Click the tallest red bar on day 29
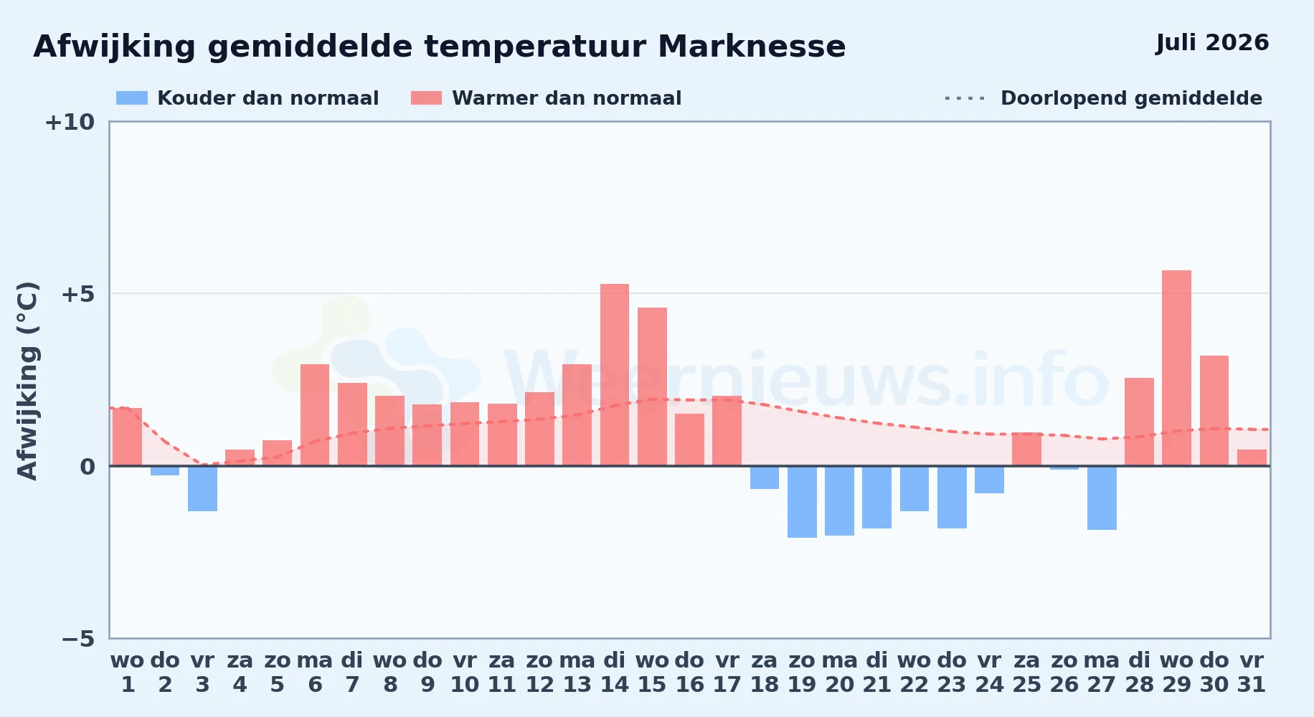click(x=1176, y=368)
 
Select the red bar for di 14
click(x=615, y=375)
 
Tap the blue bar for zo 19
click(x=802, y=502)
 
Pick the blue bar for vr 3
click(x=202, y=488)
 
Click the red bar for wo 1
click(x=128, y=437)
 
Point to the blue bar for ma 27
click(x=1102, y=498)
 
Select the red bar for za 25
click(x=1026, y=449)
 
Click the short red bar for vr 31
click(x=1252, y=457)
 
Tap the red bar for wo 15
click(x=652, y=386)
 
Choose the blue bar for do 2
click(x=165, y=470)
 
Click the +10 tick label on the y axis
click(x=70, y=122)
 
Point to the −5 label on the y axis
click(x=78, y=638)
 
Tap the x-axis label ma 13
click(x=577, y=673)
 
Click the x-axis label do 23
click(x=952, y=673)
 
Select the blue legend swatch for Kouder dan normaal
click(x=132, y=98)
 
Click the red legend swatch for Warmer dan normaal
click(x=427, y=98)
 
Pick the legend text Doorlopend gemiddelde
click(x=1131, y=98)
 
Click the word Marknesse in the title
click(x=752, y=47)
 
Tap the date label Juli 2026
click(x=1212, y=42)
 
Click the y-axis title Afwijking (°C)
click(x=27, y=381)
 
